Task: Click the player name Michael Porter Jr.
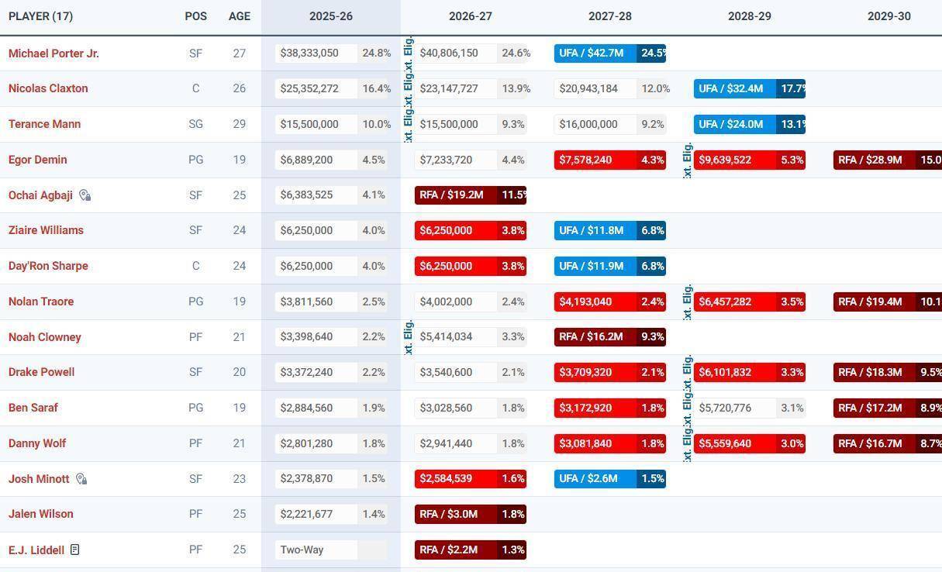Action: [53, 53]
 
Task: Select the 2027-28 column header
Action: [609, 16]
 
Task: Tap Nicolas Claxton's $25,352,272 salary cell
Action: [309, 88]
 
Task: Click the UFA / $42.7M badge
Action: [595, 53]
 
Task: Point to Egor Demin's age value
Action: [239, 160]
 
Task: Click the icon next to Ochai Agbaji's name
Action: [85, 195]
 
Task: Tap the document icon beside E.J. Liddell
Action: [74, 550]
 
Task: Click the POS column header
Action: [195, 16]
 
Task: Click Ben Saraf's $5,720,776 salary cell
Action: [733, 408]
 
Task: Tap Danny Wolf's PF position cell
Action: [195, 443]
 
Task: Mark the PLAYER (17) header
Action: [40, 16]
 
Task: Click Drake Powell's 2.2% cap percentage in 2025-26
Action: [374, 372]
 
